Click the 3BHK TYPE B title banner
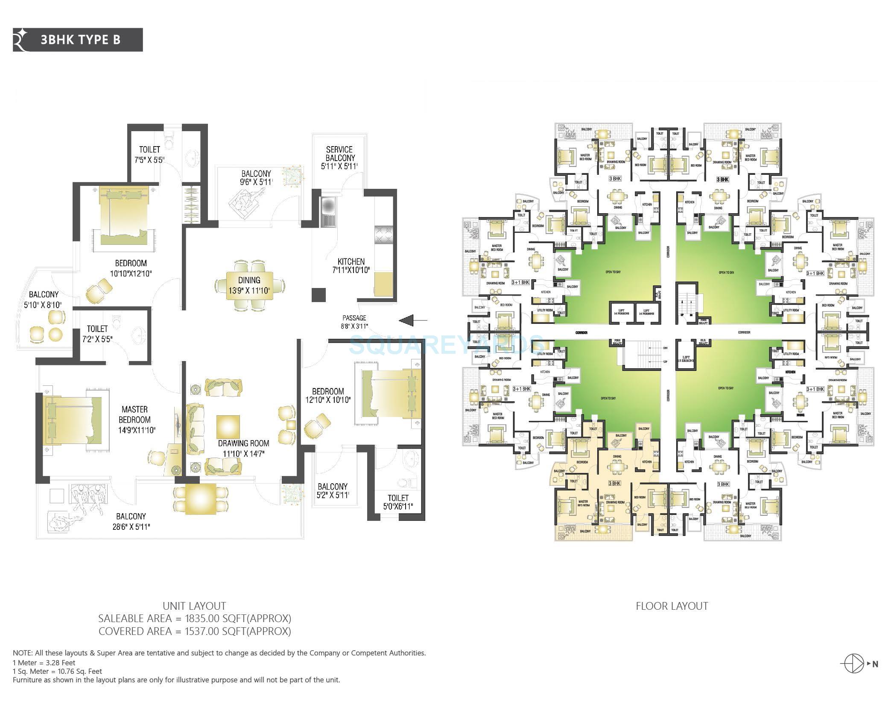pyautogui.click(x=78, y=40)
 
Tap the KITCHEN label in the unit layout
pyautogui.click(x=351, y=261)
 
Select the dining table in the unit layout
pyautogui.click(x=249, y=285)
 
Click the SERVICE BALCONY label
pyautogui.click(x=339, y=154)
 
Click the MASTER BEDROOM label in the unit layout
pyautogui.click(x=134, y=414)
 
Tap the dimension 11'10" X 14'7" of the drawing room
pyautogui.click(x=243, y=453)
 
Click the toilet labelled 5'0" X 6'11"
pyautogui.click(x=398, y=502)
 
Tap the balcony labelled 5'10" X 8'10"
pyautogui.click(x=44, y=300)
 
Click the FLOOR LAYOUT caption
pyautogui.click(x=672, y=606)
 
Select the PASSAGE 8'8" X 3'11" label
pyautogui.click(x=354, y=322)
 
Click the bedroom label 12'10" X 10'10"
pyautogui.click(x=327, y=400)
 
